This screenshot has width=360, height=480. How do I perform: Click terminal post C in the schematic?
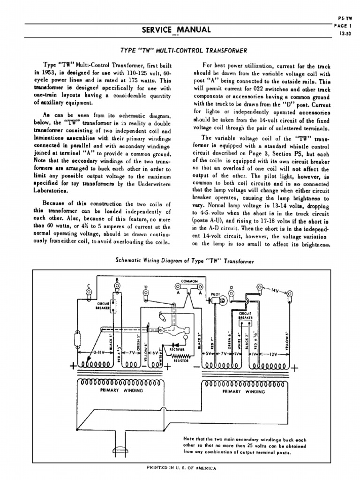click(87, 294)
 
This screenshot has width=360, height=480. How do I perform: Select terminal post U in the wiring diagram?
click(146, 295)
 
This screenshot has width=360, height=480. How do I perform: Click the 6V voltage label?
click(155, 353)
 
